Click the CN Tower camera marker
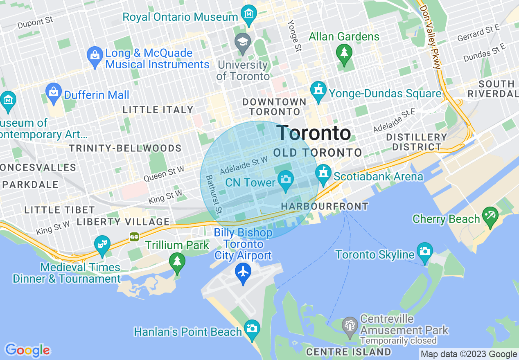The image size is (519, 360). [285, 179]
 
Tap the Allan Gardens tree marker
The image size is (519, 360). [344, 53]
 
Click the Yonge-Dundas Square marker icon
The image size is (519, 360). [318, 90]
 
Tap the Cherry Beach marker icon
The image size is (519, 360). [490, 215]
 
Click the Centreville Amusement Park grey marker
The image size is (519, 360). [350, 326]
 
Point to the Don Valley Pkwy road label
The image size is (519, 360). [430, 37]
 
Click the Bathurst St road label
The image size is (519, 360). [214, 195]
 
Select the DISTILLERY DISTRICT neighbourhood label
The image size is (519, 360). [416, 142]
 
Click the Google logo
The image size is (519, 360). [28, 350]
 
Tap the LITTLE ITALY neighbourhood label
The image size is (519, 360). [158, 110]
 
